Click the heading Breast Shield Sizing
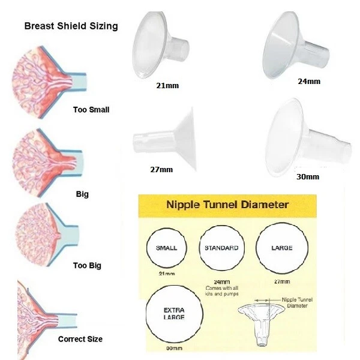click(71, 26)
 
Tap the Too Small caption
click(91, 110)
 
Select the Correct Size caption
click(80, 339)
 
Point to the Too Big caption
click(87, 266)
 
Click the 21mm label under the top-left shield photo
click(167, 86)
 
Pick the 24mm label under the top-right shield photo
click(309, 81)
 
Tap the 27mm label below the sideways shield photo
click(161, 170)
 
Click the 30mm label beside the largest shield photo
click(308, 177)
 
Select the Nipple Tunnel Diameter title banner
click(227, 206)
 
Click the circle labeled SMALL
click(167, 248)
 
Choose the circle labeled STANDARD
click(221, 248)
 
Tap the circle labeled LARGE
click(282, 248)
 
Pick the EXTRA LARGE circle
click(174, 314)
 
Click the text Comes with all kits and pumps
click(222, 291)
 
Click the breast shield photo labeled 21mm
click(160, 45)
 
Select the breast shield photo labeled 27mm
click(165, 140)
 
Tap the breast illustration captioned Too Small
click(49, 82)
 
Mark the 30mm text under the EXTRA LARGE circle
click(174, 348)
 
